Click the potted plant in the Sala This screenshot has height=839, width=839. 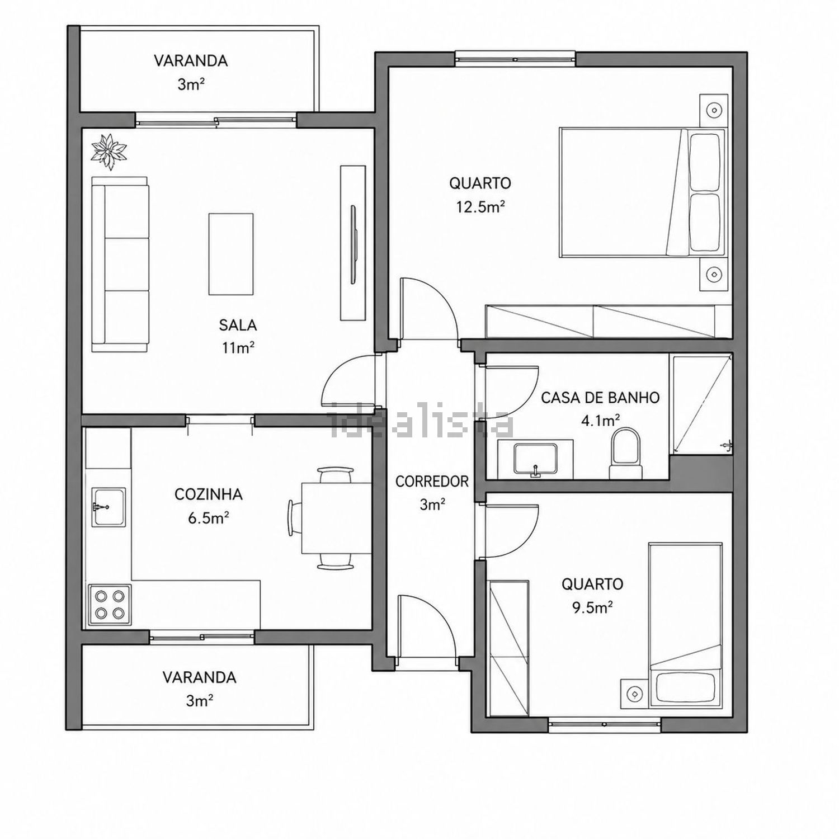(x=110, y=151)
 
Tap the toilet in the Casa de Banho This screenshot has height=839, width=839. (x=625, y=454)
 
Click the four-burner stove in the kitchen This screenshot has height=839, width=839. (x=110, y=604)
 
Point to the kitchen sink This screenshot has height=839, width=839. (x=109, y=507)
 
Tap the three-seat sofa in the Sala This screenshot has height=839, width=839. (x=121, y=265)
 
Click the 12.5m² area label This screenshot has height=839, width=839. (x=480, y=208)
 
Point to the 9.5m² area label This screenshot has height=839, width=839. (x=592, y=608)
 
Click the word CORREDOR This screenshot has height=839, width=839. (x=432, y=482)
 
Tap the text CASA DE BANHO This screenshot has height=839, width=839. (x=600, y=398)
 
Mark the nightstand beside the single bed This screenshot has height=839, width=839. (x=635, y=694)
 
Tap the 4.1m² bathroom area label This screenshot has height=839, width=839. (x=600, y=421)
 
